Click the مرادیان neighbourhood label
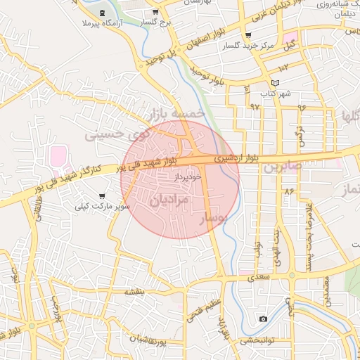coord(169,200)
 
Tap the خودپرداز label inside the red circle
coord(189,177)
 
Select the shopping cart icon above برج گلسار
coord(155,13)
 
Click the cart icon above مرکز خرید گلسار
coord(247,36)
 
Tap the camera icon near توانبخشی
coord(263,319)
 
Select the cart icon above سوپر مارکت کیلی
coord(102,196)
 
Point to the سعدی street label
coord(254,278)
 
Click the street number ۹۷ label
coord(255,106)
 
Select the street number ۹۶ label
coord(302,108)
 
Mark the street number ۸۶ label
coord(288,191)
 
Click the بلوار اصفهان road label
coord(205,41)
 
